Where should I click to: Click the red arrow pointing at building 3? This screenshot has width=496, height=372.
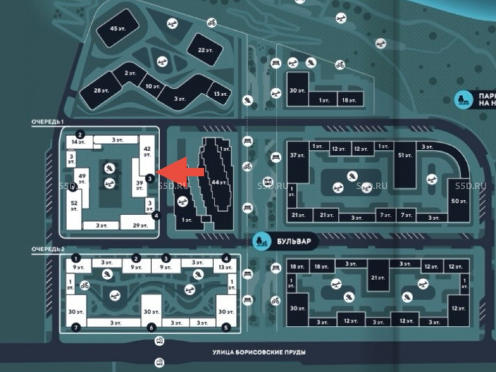pos(184,171)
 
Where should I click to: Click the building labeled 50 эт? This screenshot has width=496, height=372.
pos(459,201)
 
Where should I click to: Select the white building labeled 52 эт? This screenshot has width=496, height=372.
pos(74,206)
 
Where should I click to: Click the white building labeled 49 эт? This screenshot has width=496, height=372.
pos(82,180)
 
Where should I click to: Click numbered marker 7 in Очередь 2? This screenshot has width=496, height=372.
pos(75,327)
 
